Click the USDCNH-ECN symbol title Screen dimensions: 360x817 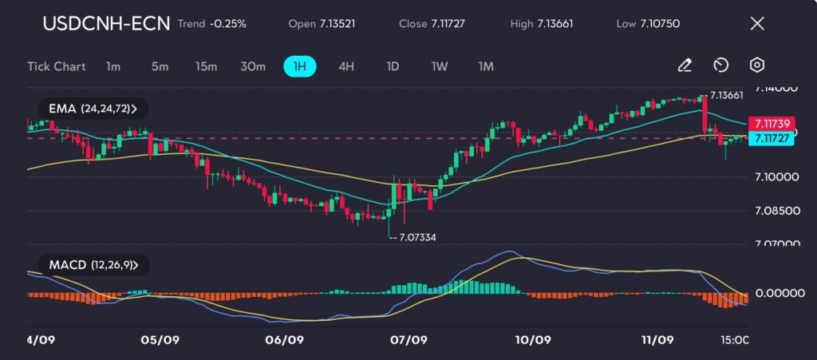105,23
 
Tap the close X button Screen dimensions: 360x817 757,23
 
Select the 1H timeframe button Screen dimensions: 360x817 300,66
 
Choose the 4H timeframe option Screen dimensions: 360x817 345,66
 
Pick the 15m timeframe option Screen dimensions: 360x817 206,66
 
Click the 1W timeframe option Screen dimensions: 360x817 439,66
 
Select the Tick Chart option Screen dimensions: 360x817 56,66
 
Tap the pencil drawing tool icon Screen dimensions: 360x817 684,65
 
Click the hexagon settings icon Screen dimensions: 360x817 757,65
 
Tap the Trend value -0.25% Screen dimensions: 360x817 228,24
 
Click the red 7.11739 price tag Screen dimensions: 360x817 771,124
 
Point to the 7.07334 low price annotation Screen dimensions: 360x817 414,237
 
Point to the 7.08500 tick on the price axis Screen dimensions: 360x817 776,211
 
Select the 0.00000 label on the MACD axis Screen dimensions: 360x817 778,293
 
